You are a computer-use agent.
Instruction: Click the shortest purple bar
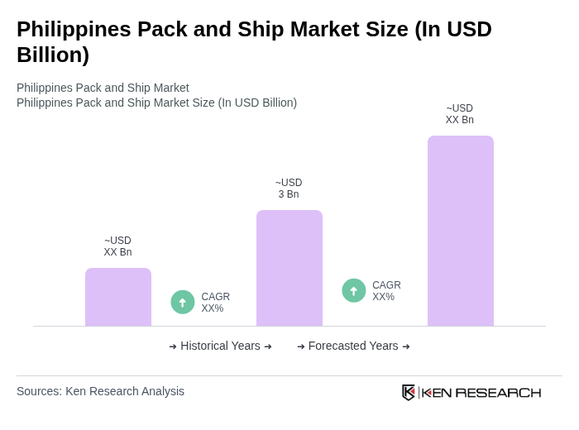tap(118, 297)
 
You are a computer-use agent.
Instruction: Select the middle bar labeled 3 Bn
tap(289, 268)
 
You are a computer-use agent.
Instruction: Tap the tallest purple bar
tap(460, 231)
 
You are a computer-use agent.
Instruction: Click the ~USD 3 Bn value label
tap(289, 189)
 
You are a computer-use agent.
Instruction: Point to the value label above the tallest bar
tap(460, 114)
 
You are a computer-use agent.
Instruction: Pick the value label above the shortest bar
tap(117, 246)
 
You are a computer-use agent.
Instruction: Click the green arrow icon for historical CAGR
tap(183, 303)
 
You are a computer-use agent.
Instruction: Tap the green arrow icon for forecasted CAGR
tap(354, 291)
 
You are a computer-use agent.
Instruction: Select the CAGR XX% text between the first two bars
tap(215, 303)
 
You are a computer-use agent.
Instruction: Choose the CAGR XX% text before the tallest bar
tap(386, 291)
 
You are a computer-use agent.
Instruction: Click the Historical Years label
tap(220, 346)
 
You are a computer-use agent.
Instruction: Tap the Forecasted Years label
tap(353, 346)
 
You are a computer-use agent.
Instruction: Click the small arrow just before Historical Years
tap(173, 346)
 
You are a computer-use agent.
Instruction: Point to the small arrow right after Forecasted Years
tap(406, 346)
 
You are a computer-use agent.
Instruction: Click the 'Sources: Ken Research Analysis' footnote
tap(100, 391)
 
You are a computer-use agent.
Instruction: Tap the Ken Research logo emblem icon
tap(409, 392)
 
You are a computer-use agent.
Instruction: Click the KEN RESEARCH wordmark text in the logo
tap(481, 392)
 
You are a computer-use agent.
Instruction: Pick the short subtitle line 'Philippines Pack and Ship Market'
tap(103, 88)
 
